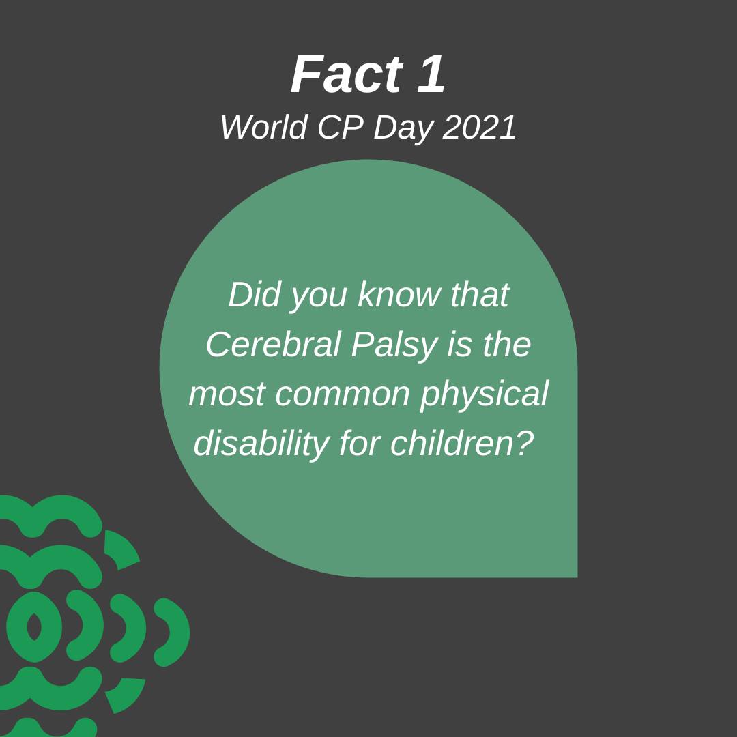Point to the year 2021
click(x=480, y=127)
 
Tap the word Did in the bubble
click(x=254, y=295)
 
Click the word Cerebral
click(x=273, y=344)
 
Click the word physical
click(x=484, y=396)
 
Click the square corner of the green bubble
click(x=577, y=577)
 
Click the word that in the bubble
click(x=480, y=295)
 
